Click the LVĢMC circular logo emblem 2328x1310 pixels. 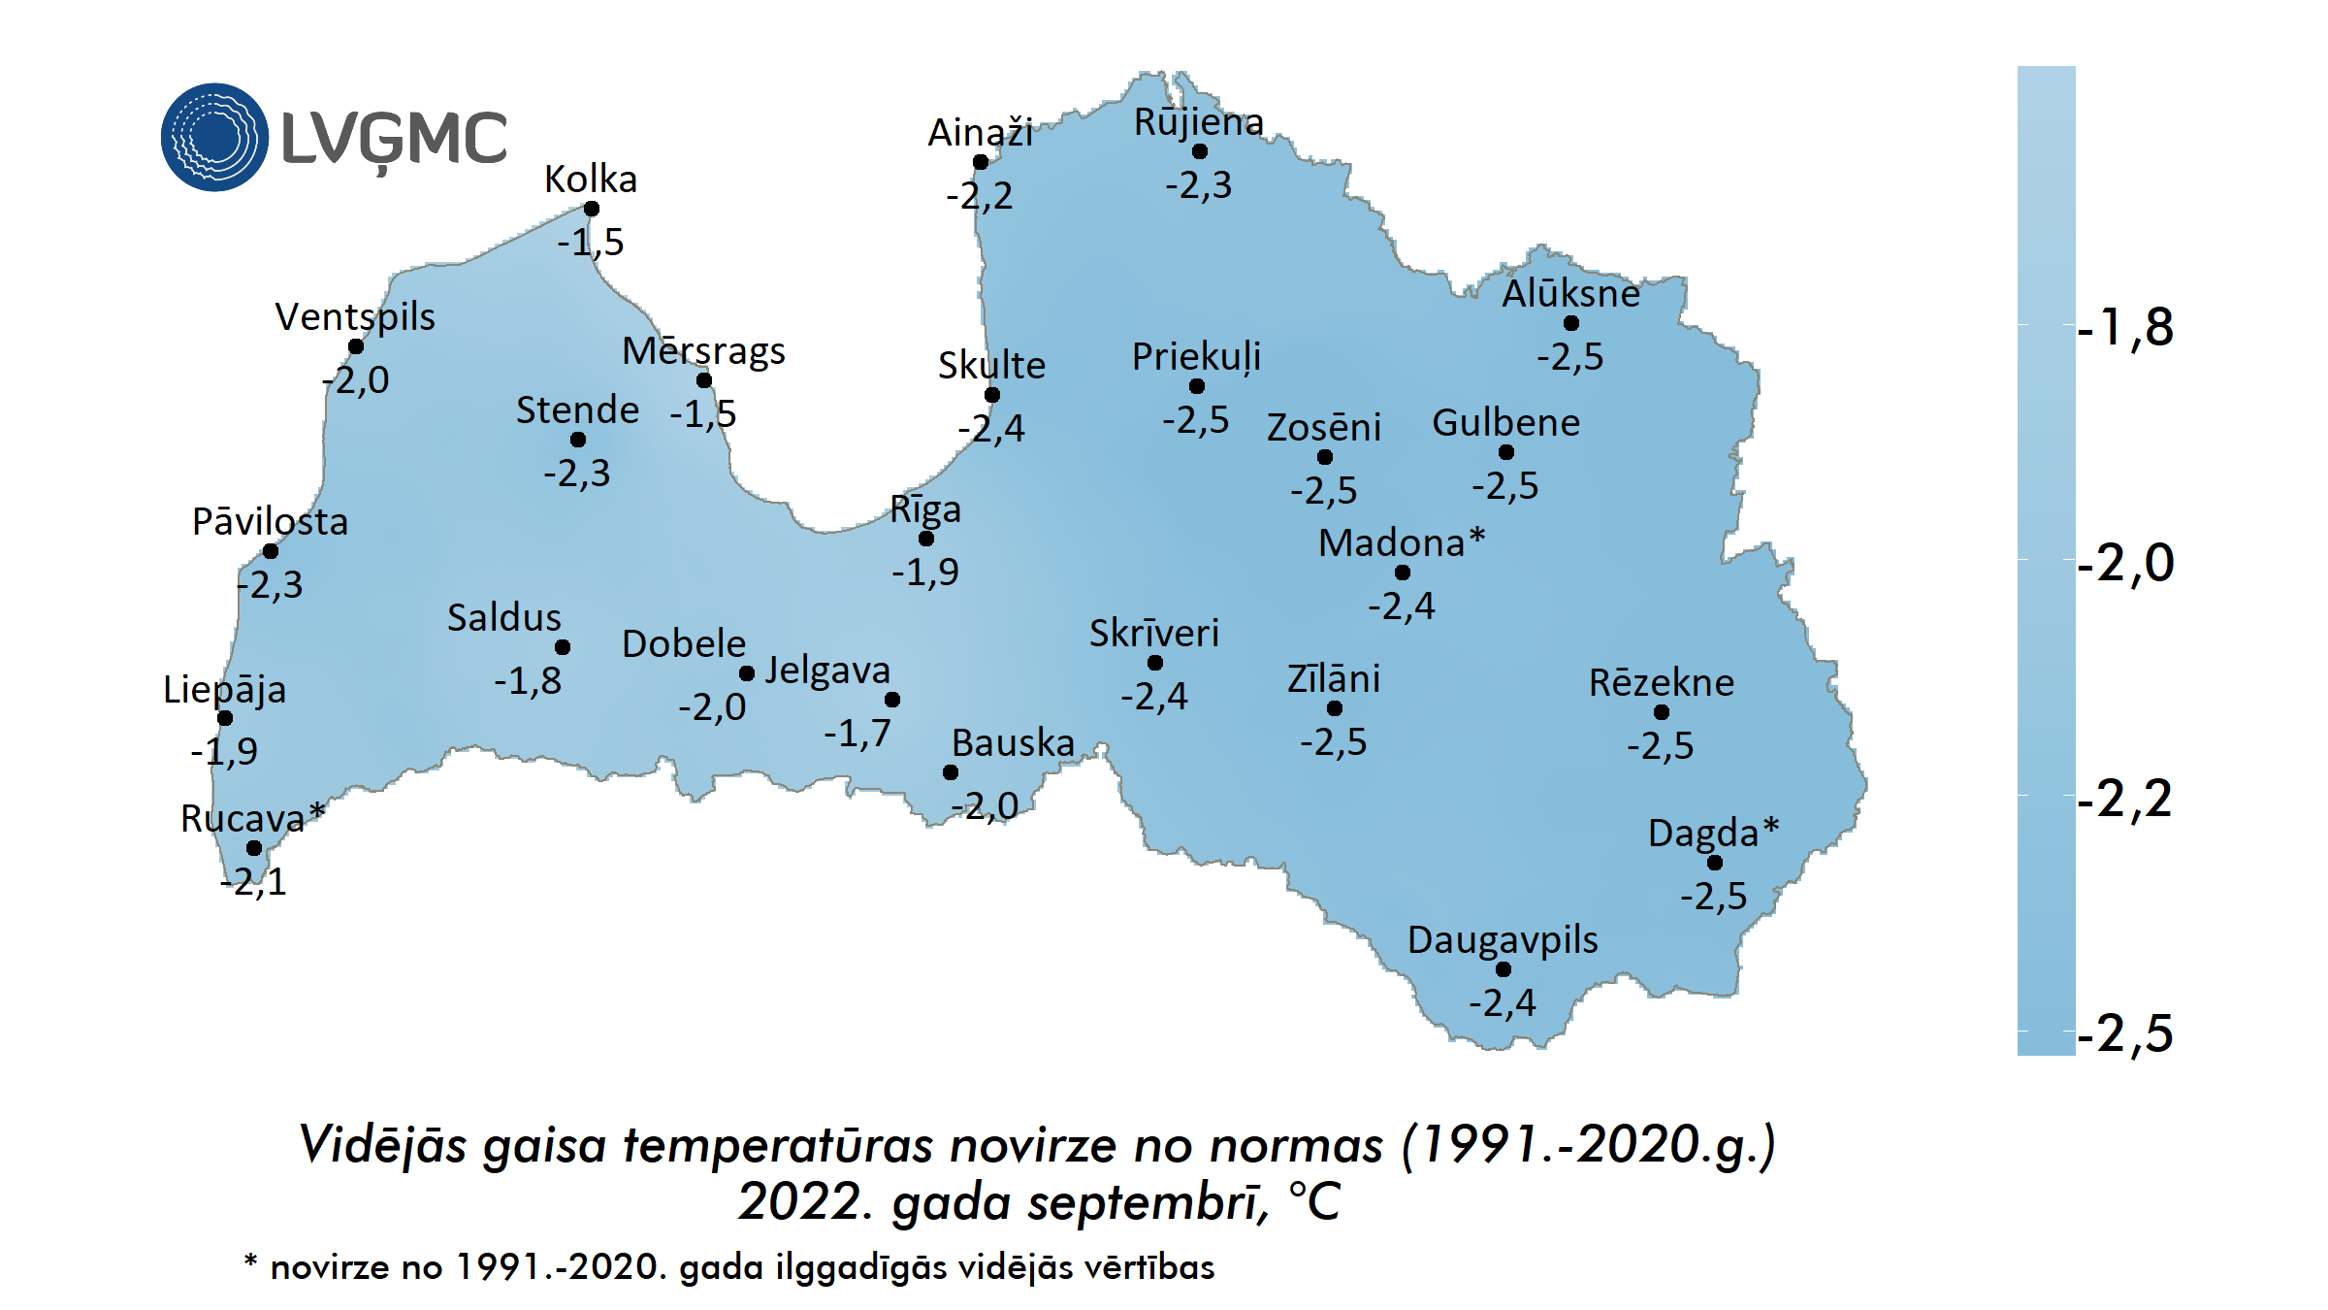[x=214, y=137]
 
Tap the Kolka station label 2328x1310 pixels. [x=590, y=180]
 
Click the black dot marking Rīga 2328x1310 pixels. [x=926, y=539]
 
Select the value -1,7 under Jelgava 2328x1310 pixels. [x=857, y=734]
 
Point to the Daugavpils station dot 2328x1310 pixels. [x=1503, y=969]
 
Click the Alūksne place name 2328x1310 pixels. [x=1570, y=293]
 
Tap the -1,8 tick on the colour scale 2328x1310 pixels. [x=2124, y=328]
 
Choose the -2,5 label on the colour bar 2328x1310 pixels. [x=2124, y=1033]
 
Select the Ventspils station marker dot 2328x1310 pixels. [x=356, y=346]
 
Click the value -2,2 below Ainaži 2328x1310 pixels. [x=979, y=196]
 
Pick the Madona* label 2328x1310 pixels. [x=1401, y=542]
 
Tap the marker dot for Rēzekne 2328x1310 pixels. [x=1662, y=712]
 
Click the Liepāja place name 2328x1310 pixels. [x=224, y=690]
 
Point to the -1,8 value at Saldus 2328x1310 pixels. [x=527, y=681]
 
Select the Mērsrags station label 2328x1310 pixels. [x=703, y=351]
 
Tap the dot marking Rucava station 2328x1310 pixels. [x=254, y=848]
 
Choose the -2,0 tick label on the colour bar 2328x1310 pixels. [x=2124, y=564]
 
